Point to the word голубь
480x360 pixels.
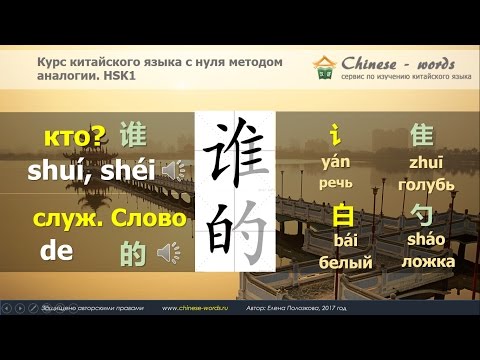pyautogui.click(x=426, y=185)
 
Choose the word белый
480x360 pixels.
pyautogui.click(x=346, y=262)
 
